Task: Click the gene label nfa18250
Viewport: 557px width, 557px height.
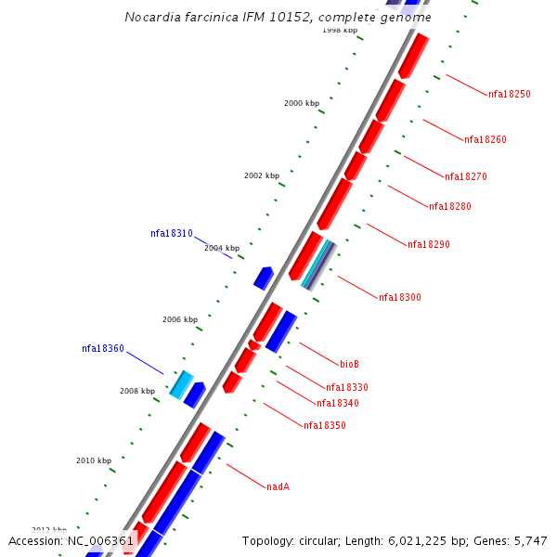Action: coord(510,94)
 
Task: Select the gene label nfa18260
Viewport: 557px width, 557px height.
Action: coord(486,139)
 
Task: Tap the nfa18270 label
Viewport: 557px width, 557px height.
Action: coord(466,176)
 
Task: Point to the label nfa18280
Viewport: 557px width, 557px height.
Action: coord(450,206)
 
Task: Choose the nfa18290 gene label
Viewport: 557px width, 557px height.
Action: coord(429,244)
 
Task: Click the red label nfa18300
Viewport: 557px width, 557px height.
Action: coord(400,297)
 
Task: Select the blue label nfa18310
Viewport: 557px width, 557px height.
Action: coord(172,233)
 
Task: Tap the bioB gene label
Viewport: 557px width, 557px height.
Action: coord(349,364)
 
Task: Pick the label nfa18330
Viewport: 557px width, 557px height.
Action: coord(347,387)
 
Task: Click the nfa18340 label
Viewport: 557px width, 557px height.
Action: coord(338,403)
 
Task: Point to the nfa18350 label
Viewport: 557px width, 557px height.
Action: coord(325,425)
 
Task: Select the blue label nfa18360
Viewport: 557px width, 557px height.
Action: coord(103,348)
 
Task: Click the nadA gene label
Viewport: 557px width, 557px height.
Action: coord(278,486)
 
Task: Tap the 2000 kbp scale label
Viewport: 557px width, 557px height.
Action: coord(302,103)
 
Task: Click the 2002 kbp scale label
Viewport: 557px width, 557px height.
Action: coord(262,175)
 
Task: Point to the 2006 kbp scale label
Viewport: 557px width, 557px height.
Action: coord(180,319)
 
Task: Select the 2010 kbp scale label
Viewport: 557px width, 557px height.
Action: coord(94,460)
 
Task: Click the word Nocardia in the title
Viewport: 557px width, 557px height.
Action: coord(152,18)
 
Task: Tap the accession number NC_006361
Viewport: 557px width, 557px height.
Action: coord(100,540)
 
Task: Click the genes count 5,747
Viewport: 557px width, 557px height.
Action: coord(528,540)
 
